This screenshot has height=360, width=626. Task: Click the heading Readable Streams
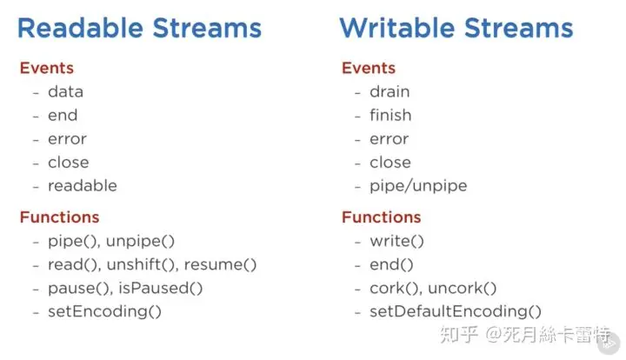139,28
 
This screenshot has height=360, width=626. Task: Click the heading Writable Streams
456,28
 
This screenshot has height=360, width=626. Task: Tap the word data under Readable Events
65,92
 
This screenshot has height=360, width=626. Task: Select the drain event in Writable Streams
390,92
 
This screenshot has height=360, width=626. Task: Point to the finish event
390,115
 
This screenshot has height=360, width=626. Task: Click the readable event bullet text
83,185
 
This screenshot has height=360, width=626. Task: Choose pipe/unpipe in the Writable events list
418,186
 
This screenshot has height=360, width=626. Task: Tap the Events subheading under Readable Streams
47,68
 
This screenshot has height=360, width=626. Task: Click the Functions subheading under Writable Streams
382,217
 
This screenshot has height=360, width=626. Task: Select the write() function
396,241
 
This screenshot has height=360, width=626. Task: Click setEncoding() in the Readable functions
104,311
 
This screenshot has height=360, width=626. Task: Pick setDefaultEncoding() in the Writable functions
456,311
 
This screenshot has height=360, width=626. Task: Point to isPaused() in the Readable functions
161,288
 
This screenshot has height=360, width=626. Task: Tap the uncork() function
462,288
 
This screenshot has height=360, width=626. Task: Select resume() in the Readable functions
220,264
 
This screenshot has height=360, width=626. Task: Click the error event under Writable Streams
389,139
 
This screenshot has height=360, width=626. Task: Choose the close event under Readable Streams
69,163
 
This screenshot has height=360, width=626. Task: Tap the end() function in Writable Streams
391,264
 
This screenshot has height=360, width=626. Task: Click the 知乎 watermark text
459,335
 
